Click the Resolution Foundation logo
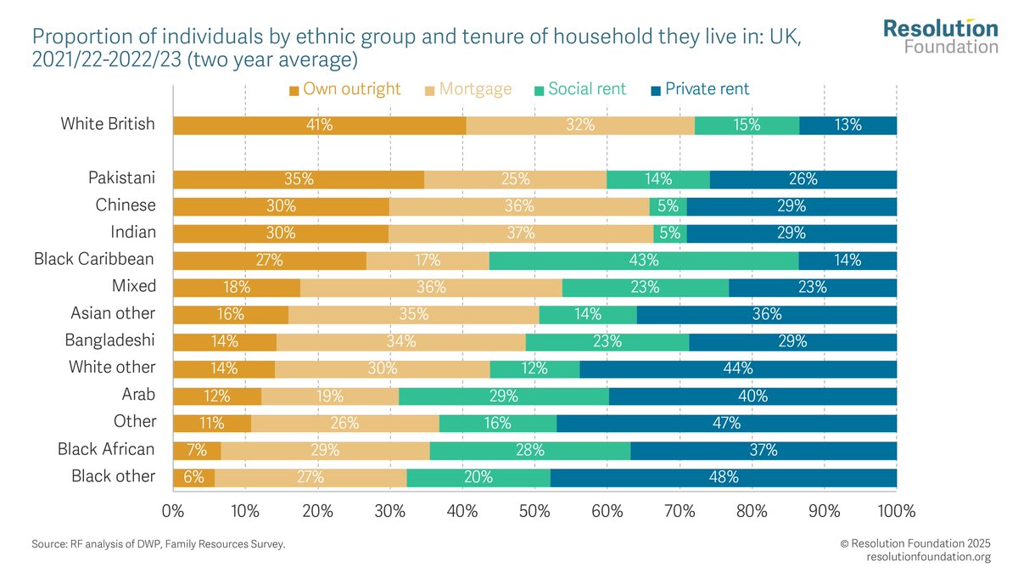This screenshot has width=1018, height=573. point(940,36)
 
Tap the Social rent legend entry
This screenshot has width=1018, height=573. point(580,89)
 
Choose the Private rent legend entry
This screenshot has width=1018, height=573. point(699,89)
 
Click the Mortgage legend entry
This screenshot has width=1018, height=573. point(469,89)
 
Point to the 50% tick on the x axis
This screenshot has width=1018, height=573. point(534,512)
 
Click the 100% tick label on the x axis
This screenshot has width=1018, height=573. point(897,512)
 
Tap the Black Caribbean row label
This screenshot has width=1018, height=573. point(94,259)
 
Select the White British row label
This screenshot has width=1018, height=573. point(108,124)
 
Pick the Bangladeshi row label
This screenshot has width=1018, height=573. point(110,340)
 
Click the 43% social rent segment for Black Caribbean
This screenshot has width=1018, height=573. point(644,261)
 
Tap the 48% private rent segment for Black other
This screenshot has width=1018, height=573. point(724,477)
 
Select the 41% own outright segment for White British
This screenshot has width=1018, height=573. point(320,126)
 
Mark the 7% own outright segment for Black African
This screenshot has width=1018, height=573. point(197,450)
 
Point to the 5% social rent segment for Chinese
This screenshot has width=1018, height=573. point(668,206)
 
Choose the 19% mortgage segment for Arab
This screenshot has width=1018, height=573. point(330,396)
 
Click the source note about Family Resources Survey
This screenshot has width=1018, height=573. point(159,544)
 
